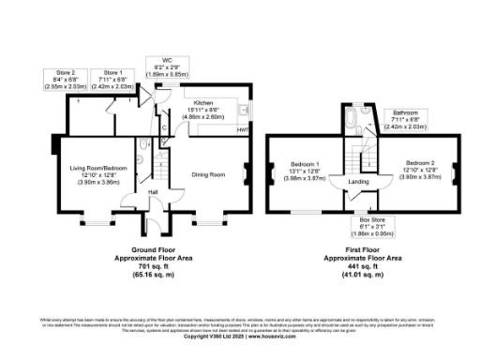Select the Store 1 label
pyautogui.click(x=112, y=71)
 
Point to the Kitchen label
pyautogui.click(x=203, y=102)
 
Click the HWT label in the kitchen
pyautogui.click(x=242, y=128)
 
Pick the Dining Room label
pyautogui.click(x=210, y=174)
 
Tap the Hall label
pyautogui.click(x=153, y=194)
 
